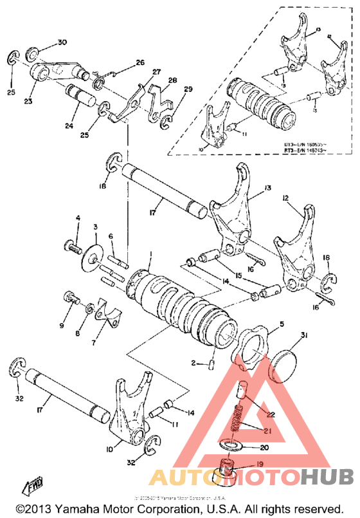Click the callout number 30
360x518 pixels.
point(62,42)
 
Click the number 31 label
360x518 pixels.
point(303,335)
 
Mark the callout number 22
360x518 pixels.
point(271,414)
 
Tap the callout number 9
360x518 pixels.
point(62,326)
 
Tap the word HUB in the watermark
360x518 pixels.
point(327,477)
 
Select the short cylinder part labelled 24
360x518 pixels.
point(80,96)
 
